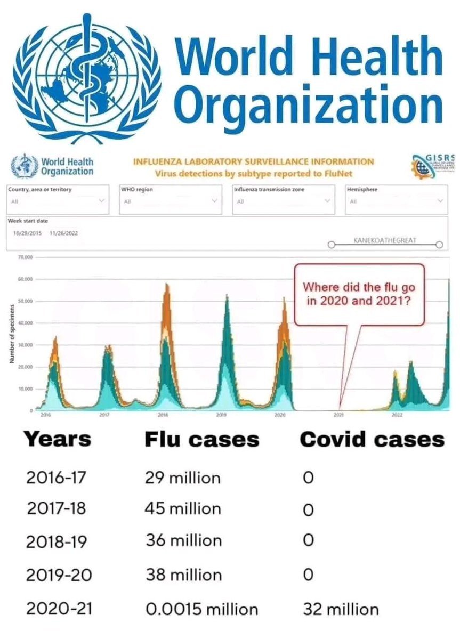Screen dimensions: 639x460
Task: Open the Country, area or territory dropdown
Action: click(58, 200)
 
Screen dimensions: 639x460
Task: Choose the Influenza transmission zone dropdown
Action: click(284, 200)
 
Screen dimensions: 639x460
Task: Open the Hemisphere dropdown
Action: click(396, 200)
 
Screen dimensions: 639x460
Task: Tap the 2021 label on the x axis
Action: click(338, 414)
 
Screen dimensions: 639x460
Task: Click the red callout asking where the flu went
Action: click(359, 294)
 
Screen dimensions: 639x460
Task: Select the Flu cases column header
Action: click(202, 440)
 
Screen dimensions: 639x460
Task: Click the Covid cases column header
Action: click(372, 440)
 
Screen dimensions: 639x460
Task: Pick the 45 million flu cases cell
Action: click(182, 508)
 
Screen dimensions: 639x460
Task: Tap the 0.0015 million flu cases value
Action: click(201, 609)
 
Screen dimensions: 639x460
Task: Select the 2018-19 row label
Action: click(58, 541)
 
